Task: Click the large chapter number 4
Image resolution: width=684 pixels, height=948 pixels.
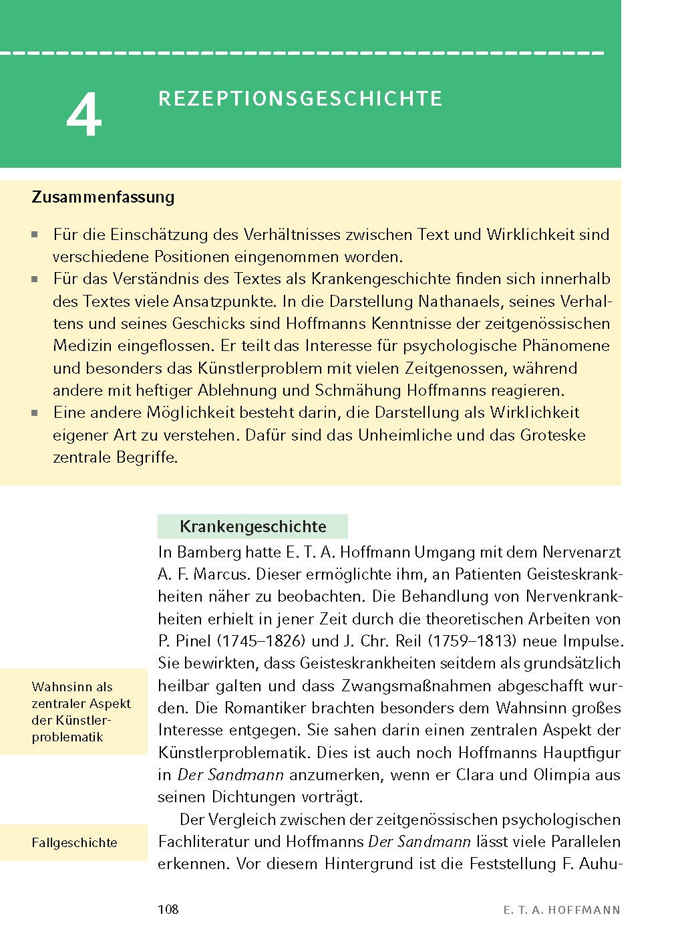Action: point(84,116)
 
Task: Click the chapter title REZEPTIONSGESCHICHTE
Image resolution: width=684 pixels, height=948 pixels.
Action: point(300,99)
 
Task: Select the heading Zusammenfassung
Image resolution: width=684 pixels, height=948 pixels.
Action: point(103,197)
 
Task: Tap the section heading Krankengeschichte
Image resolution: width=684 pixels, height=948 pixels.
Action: point(252,527)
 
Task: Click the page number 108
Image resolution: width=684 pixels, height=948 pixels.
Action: point(168,909)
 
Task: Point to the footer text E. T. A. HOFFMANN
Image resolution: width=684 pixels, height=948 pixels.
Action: point(561,910)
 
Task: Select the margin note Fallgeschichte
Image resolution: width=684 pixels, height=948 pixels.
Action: point(74,843)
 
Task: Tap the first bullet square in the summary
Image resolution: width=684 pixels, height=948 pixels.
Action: point(35,235)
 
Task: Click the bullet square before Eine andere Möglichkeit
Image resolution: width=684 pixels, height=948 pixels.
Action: point(35,413)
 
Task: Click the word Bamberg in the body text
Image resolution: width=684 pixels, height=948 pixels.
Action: point(209,552)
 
